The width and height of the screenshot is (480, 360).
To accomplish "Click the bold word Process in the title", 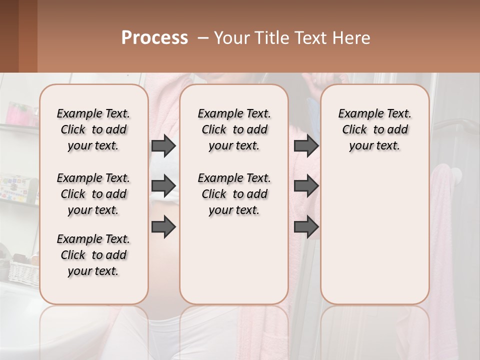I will [154, 38].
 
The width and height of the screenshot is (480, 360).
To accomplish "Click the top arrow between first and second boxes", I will [163, 146].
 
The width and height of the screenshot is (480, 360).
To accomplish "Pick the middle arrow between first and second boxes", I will [163, 186].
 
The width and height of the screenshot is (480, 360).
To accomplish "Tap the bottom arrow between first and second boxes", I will [163, 226].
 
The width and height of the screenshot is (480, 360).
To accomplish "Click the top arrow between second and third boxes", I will [306, 146].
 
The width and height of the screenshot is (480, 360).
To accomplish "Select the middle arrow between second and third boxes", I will [306, 186].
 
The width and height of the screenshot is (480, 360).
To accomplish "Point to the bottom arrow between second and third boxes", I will [306, 226].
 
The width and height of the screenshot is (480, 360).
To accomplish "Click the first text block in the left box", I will [93, 129].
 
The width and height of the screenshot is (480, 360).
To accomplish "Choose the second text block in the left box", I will [93, 194].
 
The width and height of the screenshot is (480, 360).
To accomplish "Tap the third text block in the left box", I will [93, 255].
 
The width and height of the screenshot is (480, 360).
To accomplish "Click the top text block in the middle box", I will [234, 129].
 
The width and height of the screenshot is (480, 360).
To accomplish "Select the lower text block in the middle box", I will [234, 194].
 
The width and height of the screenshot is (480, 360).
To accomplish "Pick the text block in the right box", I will [374, 129].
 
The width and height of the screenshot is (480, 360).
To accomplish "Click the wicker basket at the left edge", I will [22, 270].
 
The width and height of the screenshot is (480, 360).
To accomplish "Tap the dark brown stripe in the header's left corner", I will [9, 36].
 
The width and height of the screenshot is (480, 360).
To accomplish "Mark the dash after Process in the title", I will [202, 38].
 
